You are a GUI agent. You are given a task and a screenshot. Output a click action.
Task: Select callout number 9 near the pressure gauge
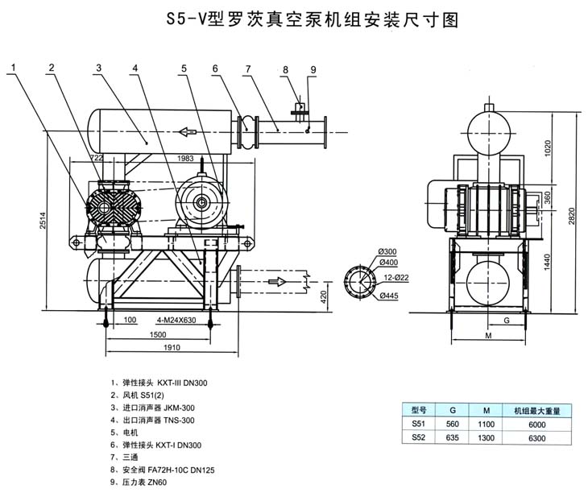pos(313,70)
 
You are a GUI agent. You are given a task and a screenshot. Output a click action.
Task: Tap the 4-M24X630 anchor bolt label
pos(165,320)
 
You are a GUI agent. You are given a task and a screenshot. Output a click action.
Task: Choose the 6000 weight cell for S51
pos(536,424)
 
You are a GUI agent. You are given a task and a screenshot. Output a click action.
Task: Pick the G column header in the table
pos(452,409)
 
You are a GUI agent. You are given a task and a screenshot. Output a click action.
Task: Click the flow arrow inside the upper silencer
pos(188,131)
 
